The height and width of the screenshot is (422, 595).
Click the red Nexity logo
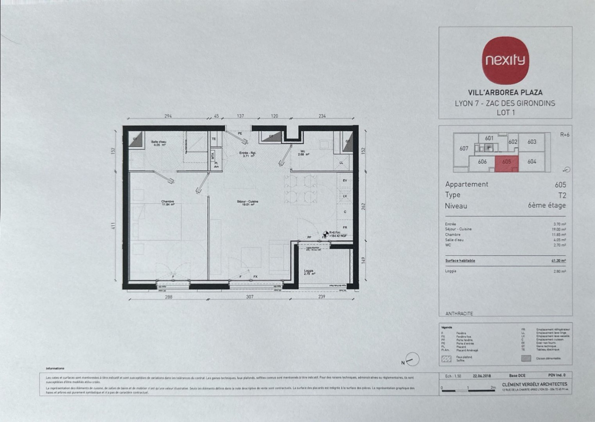pos(505,60)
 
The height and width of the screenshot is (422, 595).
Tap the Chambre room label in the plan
pos(168,203)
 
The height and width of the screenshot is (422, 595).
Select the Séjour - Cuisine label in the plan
pos(248,203)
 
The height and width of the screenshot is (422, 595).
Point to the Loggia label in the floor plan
pos(309,272)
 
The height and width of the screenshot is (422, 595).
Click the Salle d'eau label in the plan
pos(159,143)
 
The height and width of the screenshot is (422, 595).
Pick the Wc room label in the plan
pos(303,153)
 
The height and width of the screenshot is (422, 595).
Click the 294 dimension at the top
pos(168,116)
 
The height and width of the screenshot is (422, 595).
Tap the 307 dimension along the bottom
pos(250,297)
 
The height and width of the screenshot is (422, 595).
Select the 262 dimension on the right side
pos(363,206)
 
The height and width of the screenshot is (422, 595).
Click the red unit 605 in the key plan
pos(507,163)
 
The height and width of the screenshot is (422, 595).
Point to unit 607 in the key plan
pos(464,148)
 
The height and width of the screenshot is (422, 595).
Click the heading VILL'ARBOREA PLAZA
pos(505,93)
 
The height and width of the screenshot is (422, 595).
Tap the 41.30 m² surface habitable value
pos(558,261)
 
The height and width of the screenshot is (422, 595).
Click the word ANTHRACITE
pos(459,314)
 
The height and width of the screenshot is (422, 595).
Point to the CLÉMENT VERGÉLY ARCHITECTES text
pos(534,384)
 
